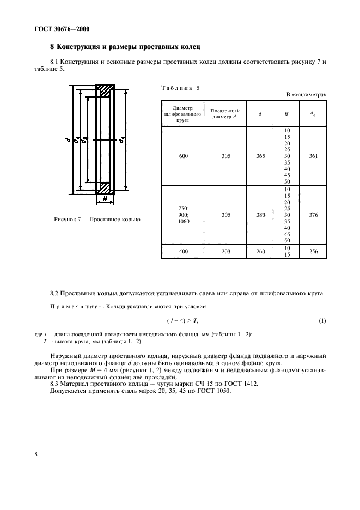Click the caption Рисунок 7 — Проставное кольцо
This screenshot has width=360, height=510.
click(x=97, y=219)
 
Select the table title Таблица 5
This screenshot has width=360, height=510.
click(x=181, y=88)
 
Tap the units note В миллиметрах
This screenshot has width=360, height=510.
click(x=306, y=95)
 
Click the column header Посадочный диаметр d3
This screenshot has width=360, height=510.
click(x=221, y=113)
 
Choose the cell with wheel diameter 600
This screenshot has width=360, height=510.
click(x=182, y=156)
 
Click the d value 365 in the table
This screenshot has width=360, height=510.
click(x=260, y=156)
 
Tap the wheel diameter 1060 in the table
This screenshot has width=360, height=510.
click(x=182, y=222)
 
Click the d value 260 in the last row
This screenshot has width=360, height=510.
click(x=260, y=251)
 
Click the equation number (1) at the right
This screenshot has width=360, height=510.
click(x=322, y=320)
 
